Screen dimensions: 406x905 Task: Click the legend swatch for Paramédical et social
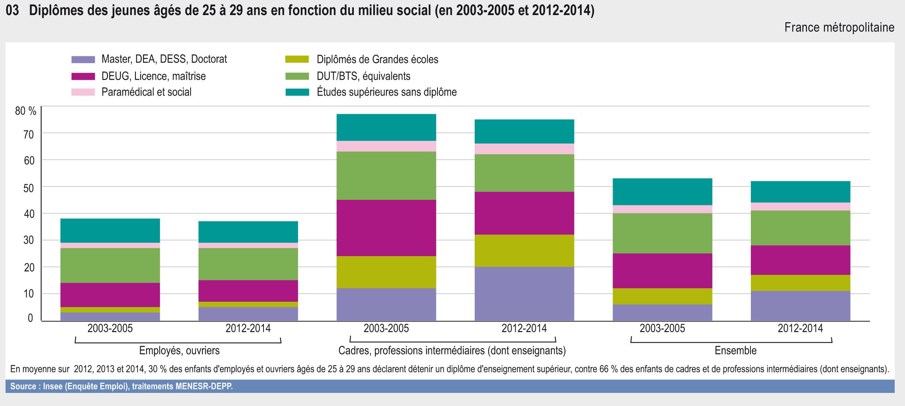click(x=83, y=92)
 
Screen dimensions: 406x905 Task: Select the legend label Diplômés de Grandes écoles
click(x=377, y=59)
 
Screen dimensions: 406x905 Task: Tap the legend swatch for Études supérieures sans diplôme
click(x=297, y=92)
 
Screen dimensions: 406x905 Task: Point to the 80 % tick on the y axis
click(x=26, y=111)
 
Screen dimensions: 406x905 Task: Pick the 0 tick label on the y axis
click(x=30, y=318)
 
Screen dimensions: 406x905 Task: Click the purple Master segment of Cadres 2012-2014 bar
click(x=524, y=293)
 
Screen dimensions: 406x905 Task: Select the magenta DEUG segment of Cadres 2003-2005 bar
click(x=386, y=228)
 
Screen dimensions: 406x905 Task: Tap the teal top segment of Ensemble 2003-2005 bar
click(x=663, y=192)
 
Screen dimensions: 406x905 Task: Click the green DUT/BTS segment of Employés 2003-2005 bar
click(x=110, y=265)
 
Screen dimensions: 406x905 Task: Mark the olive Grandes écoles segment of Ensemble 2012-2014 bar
click(x=800, y=283)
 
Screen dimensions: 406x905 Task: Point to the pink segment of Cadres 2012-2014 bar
click(x=524, y=149)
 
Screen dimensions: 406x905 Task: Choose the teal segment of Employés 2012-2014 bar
click(x=248, y=232)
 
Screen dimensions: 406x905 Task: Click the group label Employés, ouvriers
click(x=179, y=350)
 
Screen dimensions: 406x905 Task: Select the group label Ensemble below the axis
click(x=735, y=350)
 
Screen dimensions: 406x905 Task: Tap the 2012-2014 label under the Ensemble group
click(x=800, y=328)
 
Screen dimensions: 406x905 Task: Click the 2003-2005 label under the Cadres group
click(x=386, y=328)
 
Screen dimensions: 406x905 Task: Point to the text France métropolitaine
click(x=839, y=27)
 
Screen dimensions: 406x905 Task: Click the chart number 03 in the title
click(x=12, y=11)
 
